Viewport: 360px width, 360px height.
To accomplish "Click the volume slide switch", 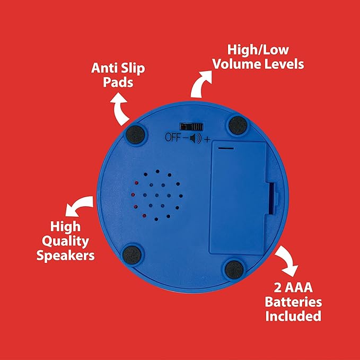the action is tap(191, 127).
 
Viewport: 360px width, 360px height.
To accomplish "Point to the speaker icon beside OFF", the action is tap(196, 138).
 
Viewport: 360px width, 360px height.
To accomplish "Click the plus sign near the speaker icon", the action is tap(207, 139).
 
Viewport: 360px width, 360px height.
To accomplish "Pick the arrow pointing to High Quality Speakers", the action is tap(79, 205).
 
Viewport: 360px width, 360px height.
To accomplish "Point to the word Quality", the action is tap(65, 242).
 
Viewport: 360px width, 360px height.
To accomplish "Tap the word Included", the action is tap(293, 316).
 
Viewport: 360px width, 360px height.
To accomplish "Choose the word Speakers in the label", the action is tap(66, 256).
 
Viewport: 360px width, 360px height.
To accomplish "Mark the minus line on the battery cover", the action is tap(226, 148).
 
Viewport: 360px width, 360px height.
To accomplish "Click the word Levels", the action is tap(284, 64).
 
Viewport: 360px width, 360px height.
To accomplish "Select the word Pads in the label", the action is tap(118, 82).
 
